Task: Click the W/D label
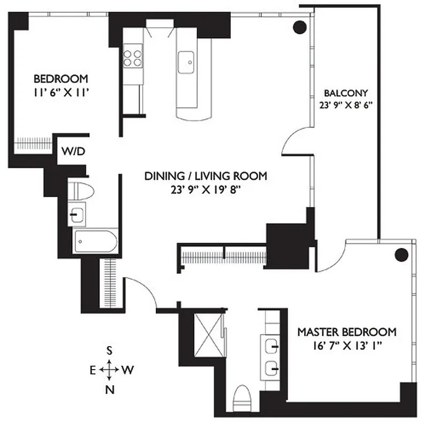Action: [73, 151]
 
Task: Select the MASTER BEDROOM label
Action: [347, 331]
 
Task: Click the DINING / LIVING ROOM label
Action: [206, 176]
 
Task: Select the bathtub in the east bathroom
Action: [95, 242]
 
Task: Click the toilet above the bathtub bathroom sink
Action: [82, 190]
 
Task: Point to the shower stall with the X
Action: [207, 328]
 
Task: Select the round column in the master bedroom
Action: [401, 255]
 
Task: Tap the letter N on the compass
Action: [110, 389]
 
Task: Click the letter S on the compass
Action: [110, 351]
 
